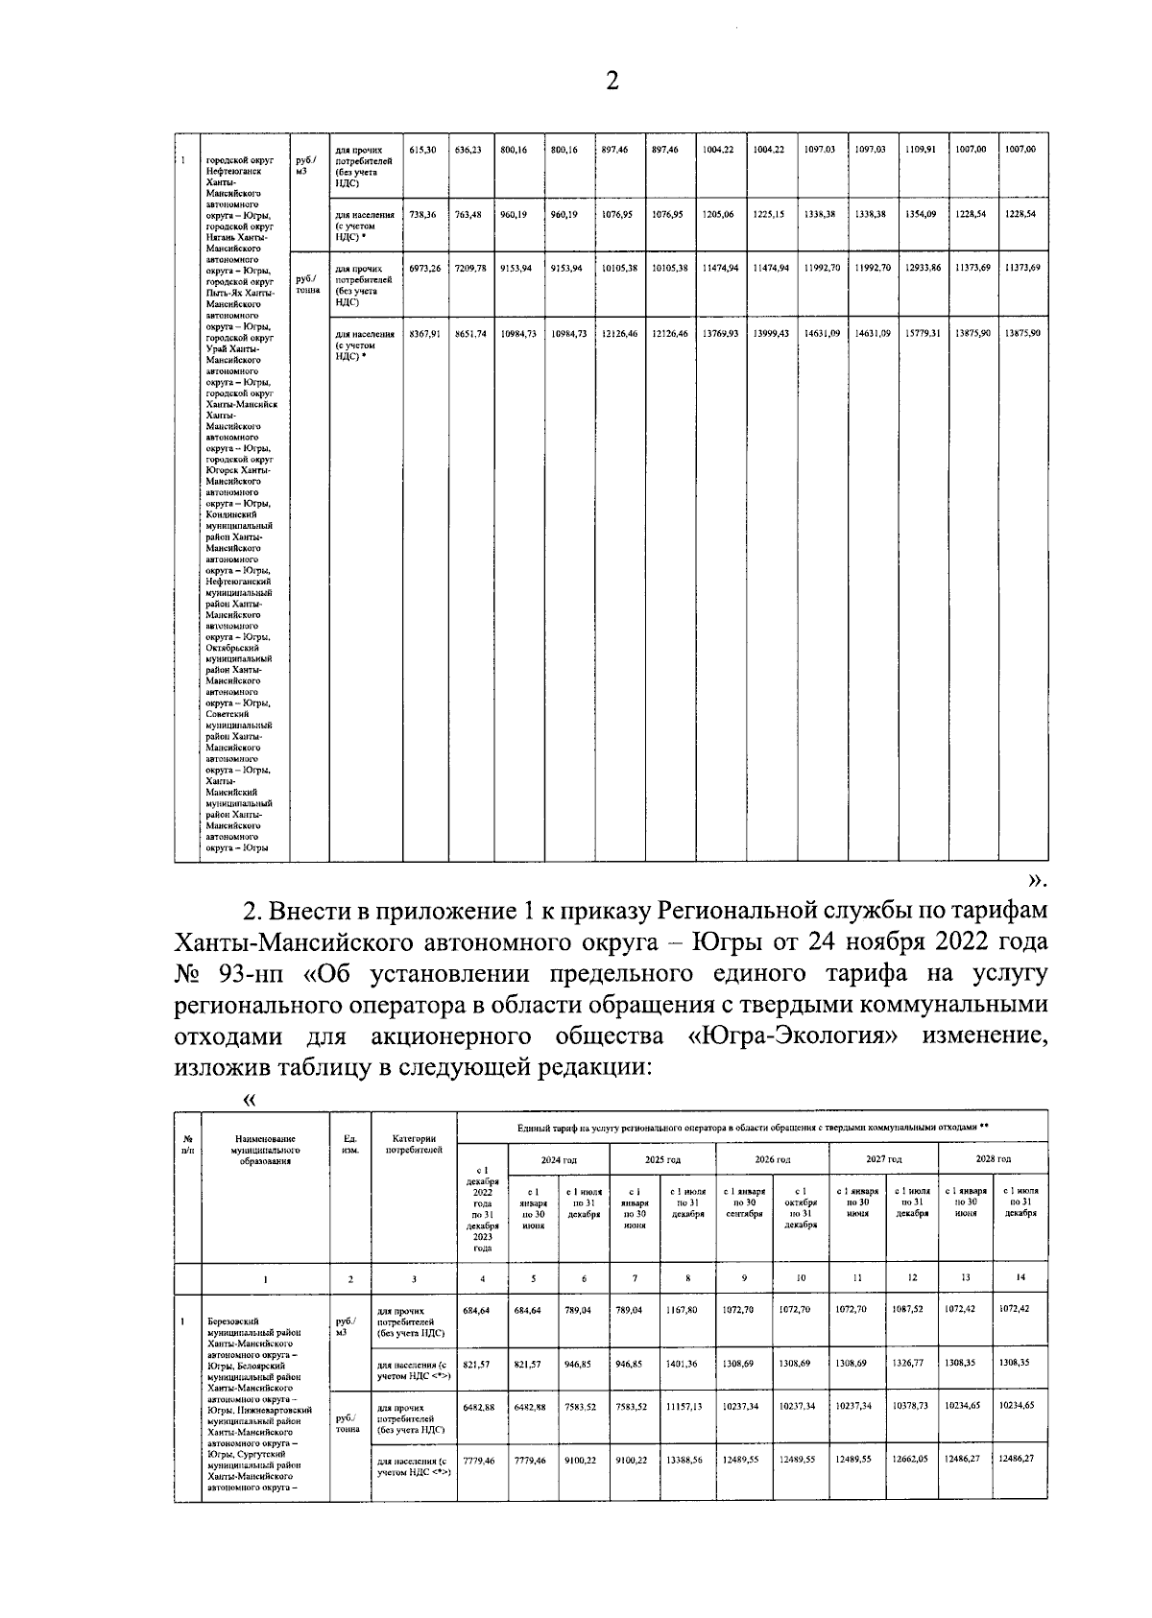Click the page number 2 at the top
[x=612, y=82]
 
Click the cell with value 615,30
[x=422, y=150]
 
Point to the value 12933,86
[x=923, y=269]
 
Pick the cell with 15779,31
[x=923, y=333]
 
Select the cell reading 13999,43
[x=770, y=333]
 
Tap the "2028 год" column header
[x=993, y=1159]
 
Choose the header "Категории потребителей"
[x=414, y=1144]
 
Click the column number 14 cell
[x=1020, y=1278]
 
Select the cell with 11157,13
[x=684, y=1406]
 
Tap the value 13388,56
[x=684, y=1460]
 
